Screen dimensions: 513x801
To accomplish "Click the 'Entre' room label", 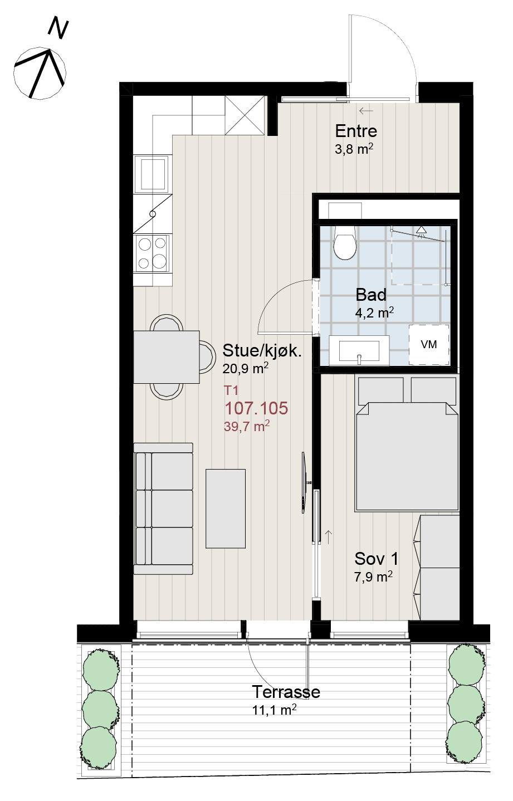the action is (356, 131).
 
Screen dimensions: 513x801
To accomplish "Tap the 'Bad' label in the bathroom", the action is (371, 295).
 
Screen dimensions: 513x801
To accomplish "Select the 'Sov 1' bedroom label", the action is (376, 559).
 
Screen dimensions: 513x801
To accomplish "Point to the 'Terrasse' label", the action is (286, 692).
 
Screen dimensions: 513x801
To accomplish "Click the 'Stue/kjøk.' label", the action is (262, 350).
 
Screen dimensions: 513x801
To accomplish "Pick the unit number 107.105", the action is (256, 408).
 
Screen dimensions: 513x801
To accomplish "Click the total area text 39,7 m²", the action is (247, 426).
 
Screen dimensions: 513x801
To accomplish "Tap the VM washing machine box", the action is (429, 345).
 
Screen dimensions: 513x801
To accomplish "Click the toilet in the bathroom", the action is (345, 242).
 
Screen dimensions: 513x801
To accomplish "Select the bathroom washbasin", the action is (359, 350).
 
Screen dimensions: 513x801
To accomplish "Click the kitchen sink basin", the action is (153, 174).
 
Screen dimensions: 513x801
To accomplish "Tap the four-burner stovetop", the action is (152, 253).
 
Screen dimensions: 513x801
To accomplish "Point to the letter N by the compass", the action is (58, 28).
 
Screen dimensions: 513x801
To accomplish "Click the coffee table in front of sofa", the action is (226, 509).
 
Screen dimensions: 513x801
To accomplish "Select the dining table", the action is (167, 357).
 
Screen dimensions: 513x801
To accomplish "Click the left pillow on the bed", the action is (381, 390).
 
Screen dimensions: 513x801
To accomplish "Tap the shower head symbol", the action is (422, 231).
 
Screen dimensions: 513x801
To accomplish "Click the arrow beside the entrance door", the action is (366, 111).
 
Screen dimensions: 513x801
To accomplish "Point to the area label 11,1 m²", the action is (274, 710).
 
